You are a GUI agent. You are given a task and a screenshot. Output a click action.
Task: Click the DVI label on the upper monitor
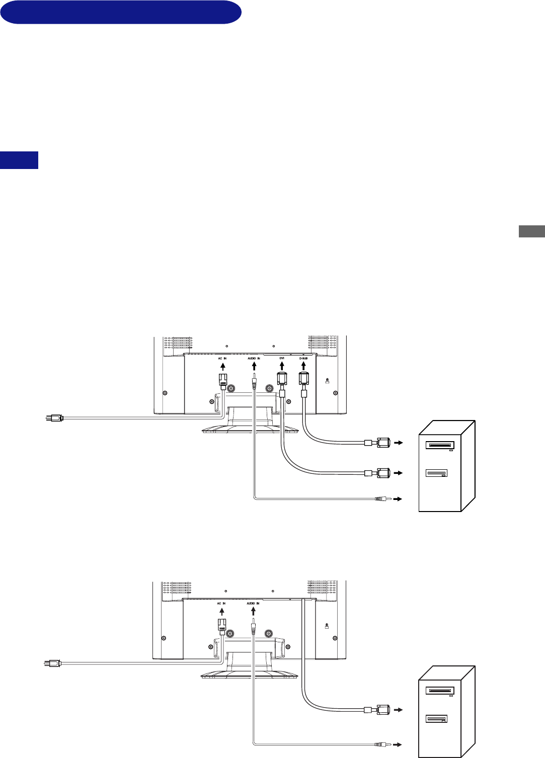[282, 358]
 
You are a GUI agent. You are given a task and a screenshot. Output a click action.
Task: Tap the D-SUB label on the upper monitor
[303, 358]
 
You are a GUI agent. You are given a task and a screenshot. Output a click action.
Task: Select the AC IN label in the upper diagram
[222, 358]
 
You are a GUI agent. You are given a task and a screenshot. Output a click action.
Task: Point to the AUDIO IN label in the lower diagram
[253, 603]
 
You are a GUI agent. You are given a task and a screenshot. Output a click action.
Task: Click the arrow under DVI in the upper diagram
[282, 366]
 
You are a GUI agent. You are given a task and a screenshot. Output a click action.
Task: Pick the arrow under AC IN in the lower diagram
[222, 611]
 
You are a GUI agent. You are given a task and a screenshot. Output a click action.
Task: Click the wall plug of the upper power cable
[53, 417]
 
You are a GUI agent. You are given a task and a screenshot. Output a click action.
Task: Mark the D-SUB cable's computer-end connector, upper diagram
[380, 443]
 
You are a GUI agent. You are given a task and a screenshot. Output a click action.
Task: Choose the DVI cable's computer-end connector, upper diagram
[380, 473]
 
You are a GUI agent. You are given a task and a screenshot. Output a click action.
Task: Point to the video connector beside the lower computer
[380, 710]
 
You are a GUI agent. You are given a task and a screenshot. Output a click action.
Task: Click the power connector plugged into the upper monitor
[222, 380]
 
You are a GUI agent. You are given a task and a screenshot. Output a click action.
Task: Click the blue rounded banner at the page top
[121, 12]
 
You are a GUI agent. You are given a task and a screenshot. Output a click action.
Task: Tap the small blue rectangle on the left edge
[19, 160]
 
